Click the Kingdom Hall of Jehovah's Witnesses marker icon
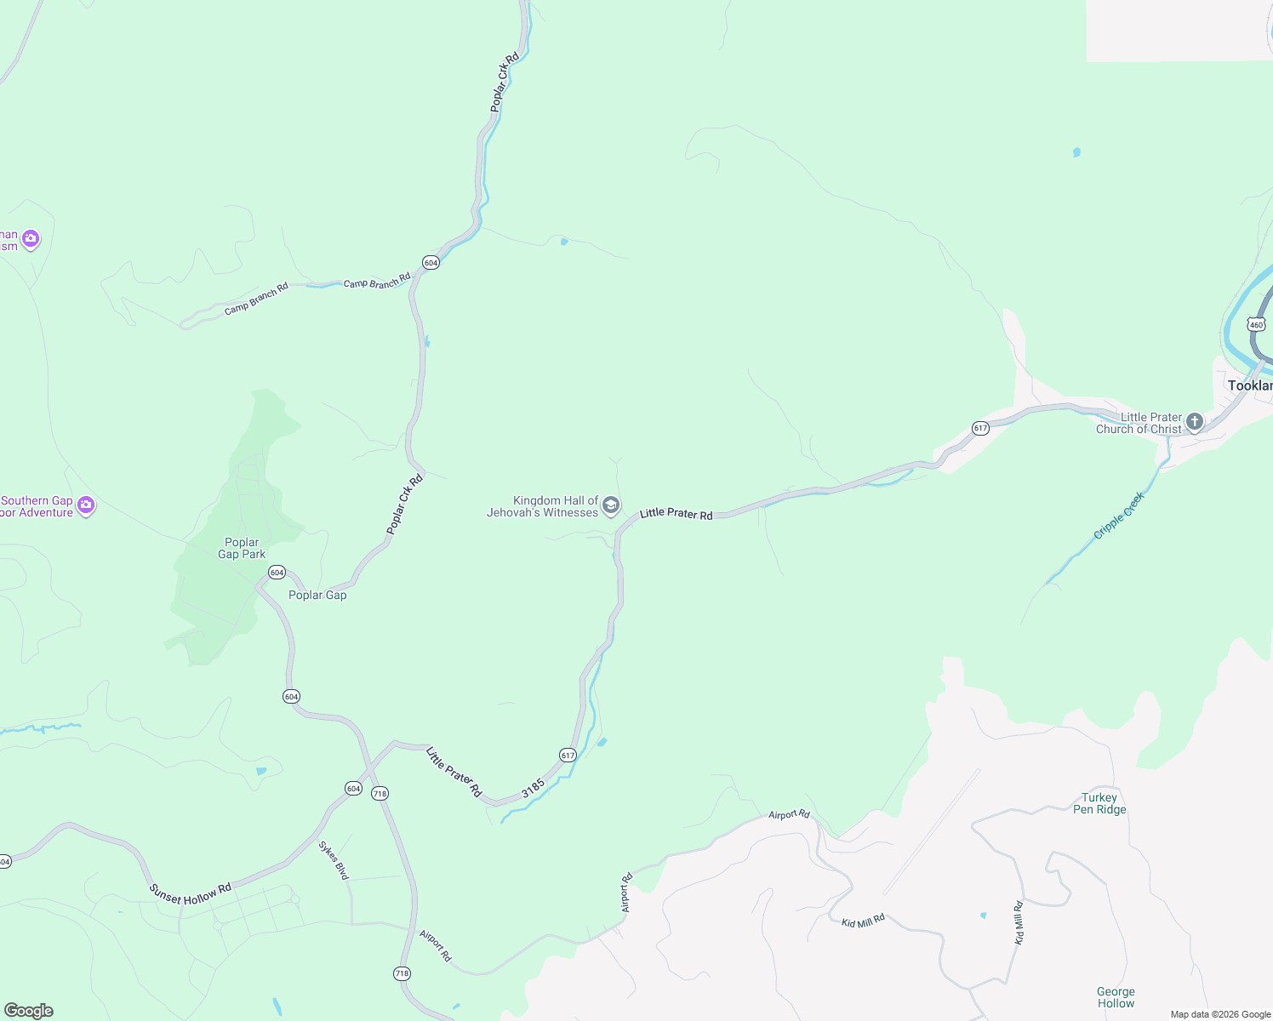[x=611, y=506]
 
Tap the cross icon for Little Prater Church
[x=1195, y=422]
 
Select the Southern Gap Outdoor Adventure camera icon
[x=86, y=506]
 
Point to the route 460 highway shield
[x=1257, y=324]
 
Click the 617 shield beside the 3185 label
[x=568, y=755]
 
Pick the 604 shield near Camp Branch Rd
[x=431, y=263]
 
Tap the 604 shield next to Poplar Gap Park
[x=277, y=573]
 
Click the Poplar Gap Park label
[x=242, y=549]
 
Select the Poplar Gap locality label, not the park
[x=317, y=596]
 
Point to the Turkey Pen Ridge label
[x=1099, y=804]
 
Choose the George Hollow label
[x=1116, y=997]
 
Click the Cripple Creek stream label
[x=1119, y=516]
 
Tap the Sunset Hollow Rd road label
[x=190, y=893]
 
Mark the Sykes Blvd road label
[x=334, y=860]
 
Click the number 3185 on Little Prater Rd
[x=533, y=788]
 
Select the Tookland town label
[x=1249, y=386]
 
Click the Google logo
[x=29, y=1011]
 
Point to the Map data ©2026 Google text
[x=1220, y=1014]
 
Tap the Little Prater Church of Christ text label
[x=1139, y=424]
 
